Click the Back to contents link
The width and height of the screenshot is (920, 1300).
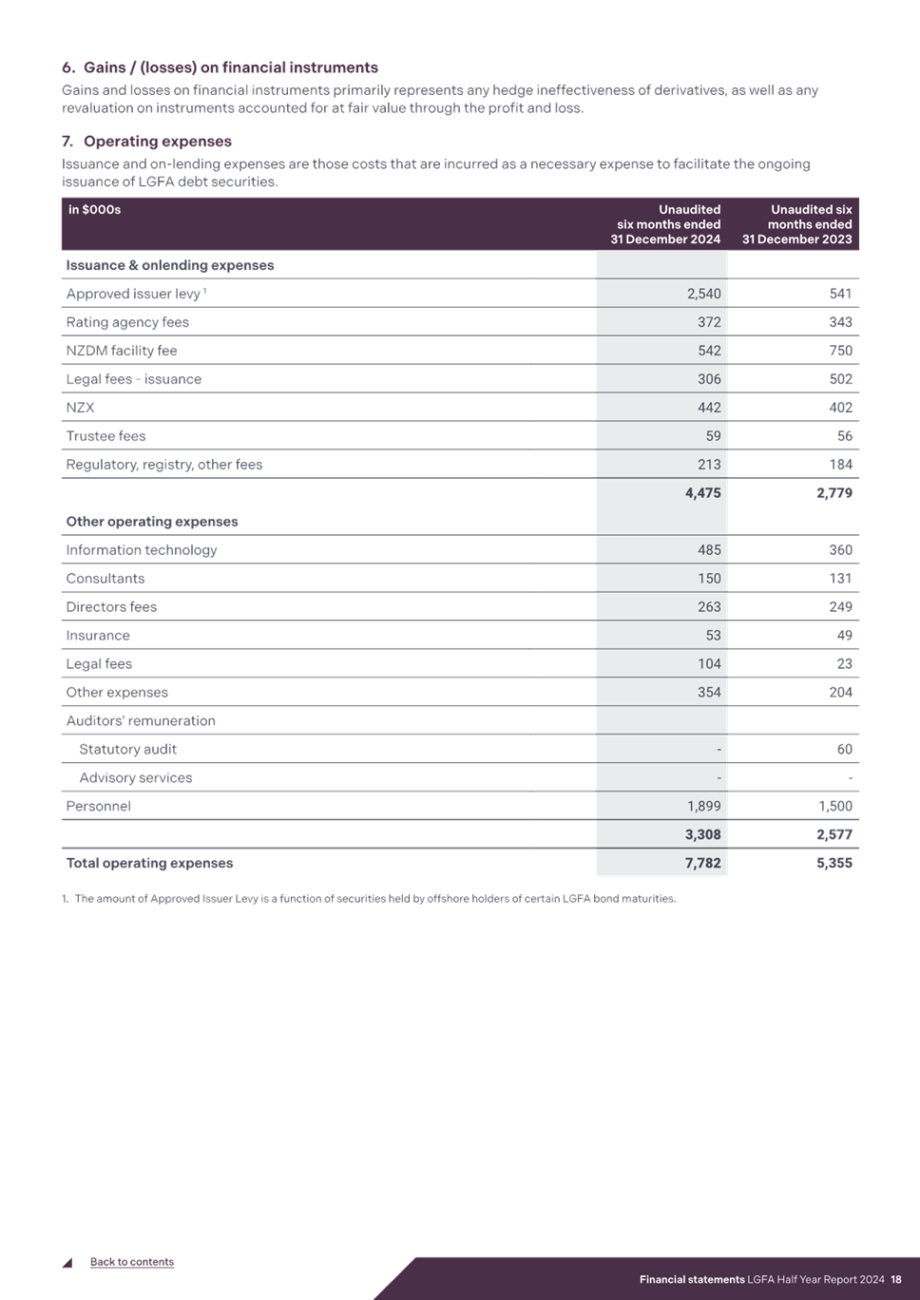(132, 1262)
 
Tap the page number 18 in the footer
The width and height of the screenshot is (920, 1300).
(895, 1279)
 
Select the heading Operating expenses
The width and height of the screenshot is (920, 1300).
(158, 142)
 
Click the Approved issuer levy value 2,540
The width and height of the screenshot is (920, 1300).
(703, 294)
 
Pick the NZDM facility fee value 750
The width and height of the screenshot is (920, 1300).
(840, 351)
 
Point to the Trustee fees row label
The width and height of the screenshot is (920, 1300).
(105, 436)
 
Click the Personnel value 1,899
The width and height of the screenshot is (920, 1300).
(703, 806)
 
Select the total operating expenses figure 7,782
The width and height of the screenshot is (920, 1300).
(703, 863)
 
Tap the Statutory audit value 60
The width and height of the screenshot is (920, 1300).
(845, 749)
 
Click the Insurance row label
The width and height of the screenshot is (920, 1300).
(98, 636)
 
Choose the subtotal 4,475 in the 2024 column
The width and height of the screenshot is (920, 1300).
(703, 492)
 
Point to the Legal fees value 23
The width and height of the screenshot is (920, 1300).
(845, 664)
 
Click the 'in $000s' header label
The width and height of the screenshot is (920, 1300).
(94, 209)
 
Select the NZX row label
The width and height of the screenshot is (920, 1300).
(80, 408)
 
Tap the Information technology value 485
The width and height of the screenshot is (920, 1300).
(709, 550)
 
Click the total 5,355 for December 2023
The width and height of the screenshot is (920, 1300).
(834, 863)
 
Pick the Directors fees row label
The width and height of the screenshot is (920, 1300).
(111, 607)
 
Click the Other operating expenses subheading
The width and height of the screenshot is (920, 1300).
(152, 522)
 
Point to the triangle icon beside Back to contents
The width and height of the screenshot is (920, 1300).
(68, 1263)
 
